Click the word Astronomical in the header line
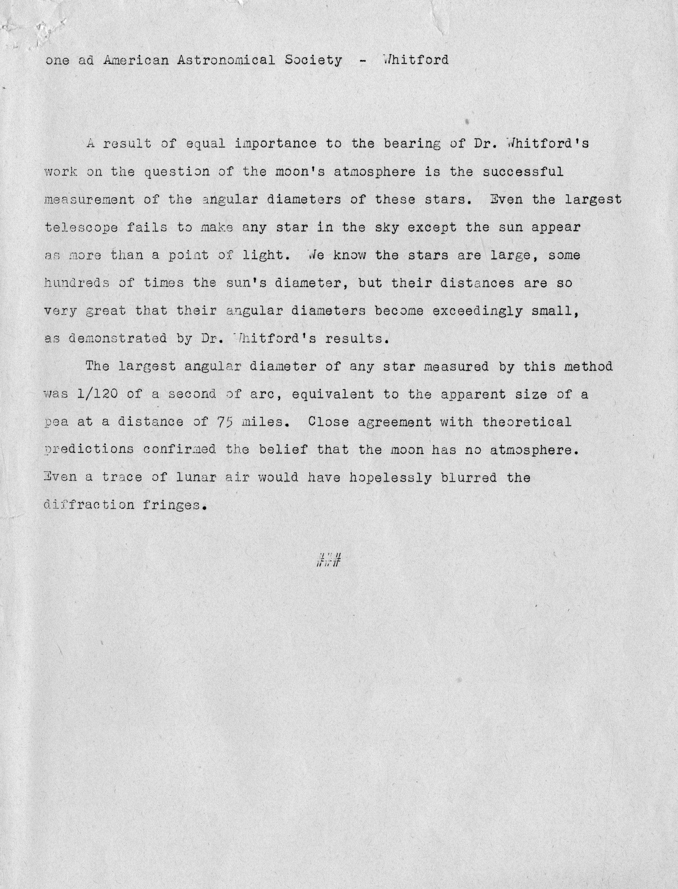[226, 60]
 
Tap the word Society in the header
[313, 60]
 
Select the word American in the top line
[136, 60]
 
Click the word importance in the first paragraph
[276, 144]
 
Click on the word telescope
[81, 228]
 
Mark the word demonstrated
[117, 338]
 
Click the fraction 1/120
[97, 394]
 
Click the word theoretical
[527, 422]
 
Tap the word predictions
[89, 450]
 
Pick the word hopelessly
[390, 478]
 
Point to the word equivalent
[333, 394]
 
